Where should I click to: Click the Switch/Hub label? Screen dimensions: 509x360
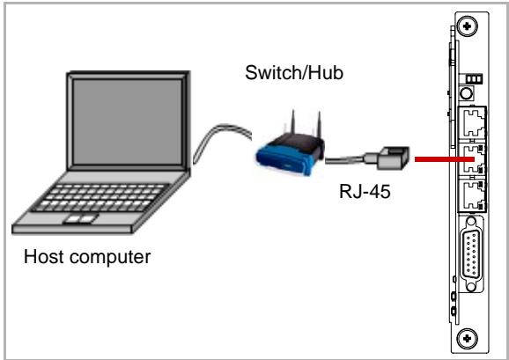point(294,73)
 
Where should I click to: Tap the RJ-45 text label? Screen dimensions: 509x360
point(365,191)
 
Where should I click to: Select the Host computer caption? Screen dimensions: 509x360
point(87,257)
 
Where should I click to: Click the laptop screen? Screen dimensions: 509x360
point(127,121)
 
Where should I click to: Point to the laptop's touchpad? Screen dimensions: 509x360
point(80,219)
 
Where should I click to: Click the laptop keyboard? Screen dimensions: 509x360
point(101,197)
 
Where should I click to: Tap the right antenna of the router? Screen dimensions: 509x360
point(319,125)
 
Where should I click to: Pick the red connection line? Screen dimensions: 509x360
point(444,159)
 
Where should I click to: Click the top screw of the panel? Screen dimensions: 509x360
point(467,26)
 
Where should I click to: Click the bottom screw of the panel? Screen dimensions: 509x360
point(467,339)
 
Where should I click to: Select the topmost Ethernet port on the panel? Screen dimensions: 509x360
point(472,124)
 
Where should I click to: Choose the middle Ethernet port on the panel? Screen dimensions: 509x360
point(472,159)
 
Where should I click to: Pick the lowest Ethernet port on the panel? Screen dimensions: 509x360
point(472,195)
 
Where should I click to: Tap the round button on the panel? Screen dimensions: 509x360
point(466,93)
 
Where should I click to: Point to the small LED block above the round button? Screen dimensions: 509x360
point(474,79)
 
